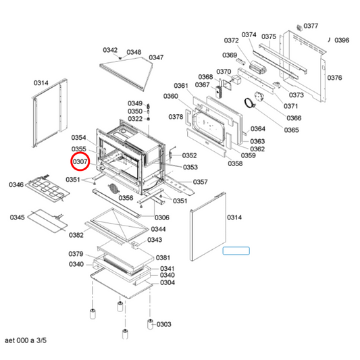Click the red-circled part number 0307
(x=80, y=162)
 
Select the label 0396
(x=342, y=41)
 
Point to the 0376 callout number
(x=335, y=78)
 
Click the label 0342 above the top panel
(x=110, y=51)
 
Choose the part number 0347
(x=156, y=57)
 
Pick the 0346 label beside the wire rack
(x=16, y=184)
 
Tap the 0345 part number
(x=18, y=217)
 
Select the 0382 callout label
(x=76, y=235)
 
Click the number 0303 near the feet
(x=163, y=324)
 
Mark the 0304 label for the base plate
(x=168, y=282)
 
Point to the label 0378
(x=176, y=117)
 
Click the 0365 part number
(x=292, y=130)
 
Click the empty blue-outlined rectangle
(x=236, y=251)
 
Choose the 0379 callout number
(x=76, y=254)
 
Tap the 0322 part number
(x=135, y=119)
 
